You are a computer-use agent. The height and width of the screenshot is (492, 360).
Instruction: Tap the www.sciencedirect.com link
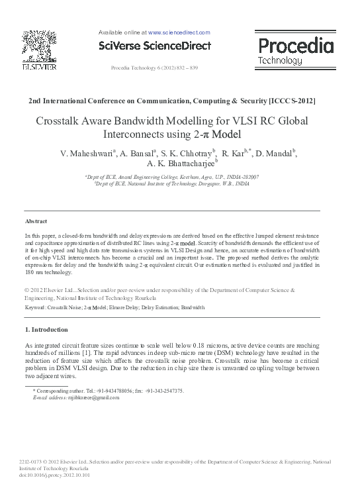point(179,32)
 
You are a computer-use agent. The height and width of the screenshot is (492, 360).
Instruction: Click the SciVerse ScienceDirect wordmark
point(154,46)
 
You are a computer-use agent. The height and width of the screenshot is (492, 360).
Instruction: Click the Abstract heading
point(36,221)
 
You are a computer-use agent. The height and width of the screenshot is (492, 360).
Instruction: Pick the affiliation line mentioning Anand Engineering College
point(171,177)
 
